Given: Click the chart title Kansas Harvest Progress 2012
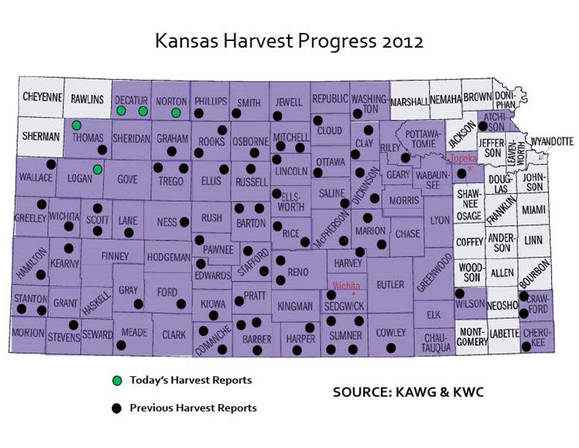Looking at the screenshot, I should tap(289, 40).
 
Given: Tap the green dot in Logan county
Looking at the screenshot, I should tap(98, 169).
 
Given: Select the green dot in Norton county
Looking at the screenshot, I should tap(176, 113).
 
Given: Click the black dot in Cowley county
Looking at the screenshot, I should tap(390, 348).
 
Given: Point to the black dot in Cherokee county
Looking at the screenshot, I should tap(527, 346).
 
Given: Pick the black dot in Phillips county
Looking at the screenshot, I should tap(199, 114).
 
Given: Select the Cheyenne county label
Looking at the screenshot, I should tap(42, 98).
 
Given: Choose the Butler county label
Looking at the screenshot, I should tap(390, 284).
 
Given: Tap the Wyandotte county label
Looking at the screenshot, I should tap(551, 140).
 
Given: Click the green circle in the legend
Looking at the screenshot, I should tap(116, 381).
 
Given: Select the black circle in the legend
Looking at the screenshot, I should tap(116, 408).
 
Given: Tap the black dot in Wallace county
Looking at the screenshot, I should tap(51, 164).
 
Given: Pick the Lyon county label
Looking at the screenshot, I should tap(439, 221).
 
